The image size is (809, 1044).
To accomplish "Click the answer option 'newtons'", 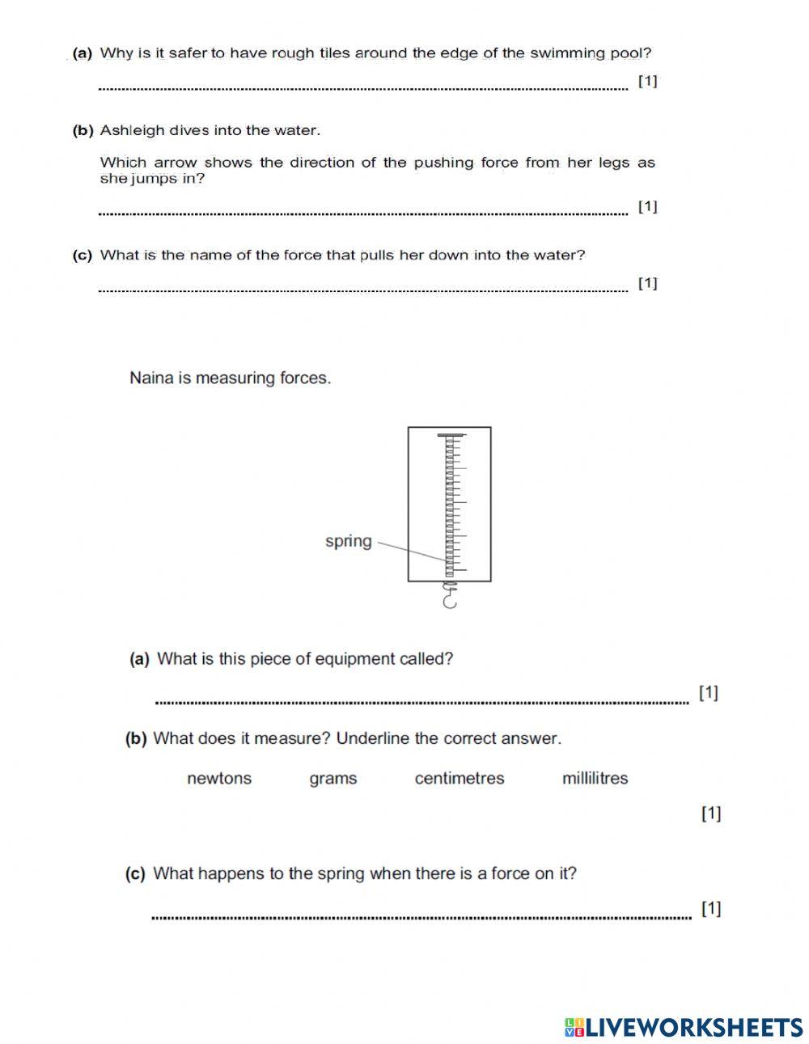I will pyautogui.click(x=218, y=779).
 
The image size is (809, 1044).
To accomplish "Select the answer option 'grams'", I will pyautogui.click(x=332, y=779).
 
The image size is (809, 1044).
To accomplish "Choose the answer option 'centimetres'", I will pyautogui.click(x=459, y=779).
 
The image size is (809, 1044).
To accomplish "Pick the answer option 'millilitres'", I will pyautogui.click(x=595, y=779).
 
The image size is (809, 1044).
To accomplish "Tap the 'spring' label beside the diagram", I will pyautogui.click(x=348, y=541).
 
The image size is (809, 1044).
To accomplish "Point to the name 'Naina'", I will pyautogui.click(x=150, y=378).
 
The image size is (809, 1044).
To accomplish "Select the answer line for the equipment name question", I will pyautogui.click(x=421, y=702).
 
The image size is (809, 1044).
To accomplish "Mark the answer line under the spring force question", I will pyautogui.click(x=421, y=917).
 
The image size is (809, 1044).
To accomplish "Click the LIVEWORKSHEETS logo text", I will pyautogui.click(x=684, y=1026).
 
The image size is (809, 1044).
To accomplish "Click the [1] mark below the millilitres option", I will pyautogui.click(x=711, y=814).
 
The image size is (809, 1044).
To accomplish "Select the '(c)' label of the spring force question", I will pyautogui.click(x=135, y=874).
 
